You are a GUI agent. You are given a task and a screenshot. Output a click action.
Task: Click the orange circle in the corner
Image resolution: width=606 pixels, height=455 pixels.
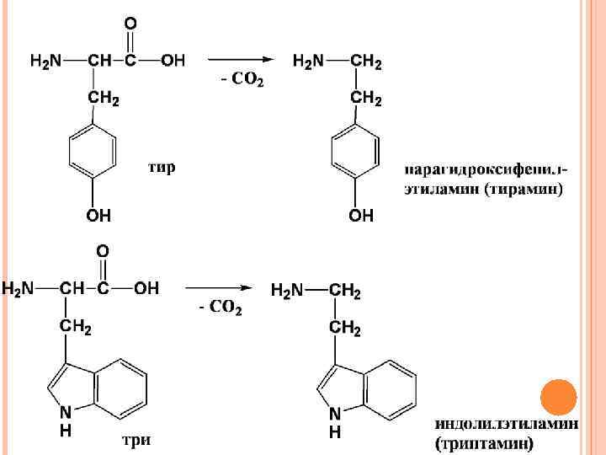pos(558,397)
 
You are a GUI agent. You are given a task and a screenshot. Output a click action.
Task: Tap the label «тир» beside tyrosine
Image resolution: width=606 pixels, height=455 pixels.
pos(162,167)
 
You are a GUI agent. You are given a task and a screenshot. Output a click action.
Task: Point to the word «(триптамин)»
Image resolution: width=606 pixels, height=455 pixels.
pos(484,441)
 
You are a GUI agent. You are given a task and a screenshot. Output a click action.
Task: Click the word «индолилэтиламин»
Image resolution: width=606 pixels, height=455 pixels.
pos(506,424)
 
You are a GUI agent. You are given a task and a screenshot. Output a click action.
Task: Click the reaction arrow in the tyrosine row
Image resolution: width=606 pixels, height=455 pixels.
pos(241,61)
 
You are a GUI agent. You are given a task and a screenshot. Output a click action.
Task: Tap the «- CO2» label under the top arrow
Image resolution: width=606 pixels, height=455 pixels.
pos(242,81)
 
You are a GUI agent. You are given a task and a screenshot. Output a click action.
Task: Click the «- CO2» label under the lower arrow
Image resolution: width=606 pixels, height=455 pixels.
pos(221,308)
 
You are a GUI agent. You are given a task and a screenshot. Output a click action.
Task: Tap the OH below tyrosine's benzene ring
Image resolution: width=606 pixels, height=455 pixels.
pos(98,217)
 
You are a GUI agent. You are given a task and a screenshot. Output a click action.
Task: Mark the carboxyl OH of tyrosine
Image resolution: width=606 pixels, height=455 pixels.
pos(173,61)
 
